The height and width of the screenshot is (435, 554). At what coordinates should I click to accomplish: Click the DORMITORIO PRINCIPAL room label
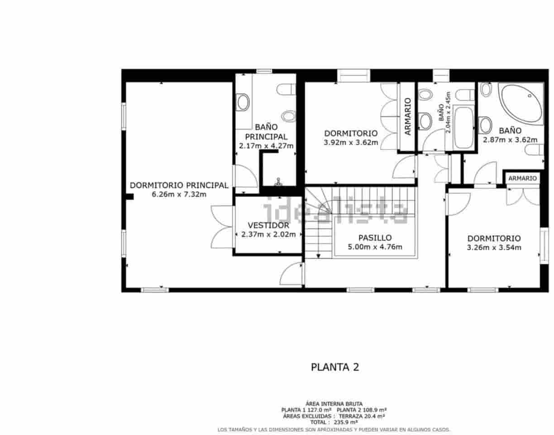[x=179, y=185]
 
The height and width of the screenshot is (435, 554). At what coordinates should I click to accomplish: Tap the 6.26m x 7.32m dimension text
[x=179, y=194]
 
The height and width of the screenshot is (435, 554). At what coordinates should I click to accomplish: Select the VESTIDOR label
[x=268, y=226]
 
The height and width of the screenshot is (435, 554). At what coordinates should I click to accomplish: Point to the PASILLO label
[x=375, y=238]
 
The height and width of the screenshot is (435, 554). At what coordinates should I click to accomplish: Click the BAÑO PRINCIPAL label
[x=266, y=132]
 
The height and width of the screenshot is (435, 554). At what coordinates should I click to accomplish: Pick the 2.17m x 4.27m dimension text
[x=266, y=146]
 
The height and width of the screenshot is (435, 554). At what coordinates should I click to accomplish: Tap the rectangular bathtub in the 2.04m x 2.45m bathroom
[x=464, y=127]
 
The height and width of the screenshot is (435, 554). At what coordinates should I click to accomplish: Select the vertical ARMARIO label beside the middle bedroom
[x=407, y=116]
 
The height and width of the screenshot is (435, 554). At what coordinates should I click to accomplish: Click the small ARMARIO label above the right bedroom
[x=522, y=179]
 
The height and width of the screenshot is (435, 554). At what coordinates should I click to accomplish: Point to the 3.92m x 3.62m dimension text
[x=351, y=142]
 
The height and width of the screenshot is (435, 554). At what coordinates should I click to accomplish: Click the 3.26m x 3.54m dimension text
[x=494, y=247]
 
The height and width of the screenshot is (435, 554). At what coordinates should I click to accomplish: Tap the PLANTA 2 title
[x=335, y=367]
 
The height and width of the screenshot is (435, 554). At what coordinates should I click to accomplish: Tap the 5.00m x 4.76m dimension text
[x=375, y=247]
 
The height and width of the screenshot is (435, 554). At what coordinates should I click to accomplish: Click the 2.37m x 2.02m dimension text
[x=268, y=235]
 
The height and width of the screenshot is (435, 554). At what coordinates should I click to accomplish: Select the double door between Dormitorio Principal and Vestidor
[x=222, y=226]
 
